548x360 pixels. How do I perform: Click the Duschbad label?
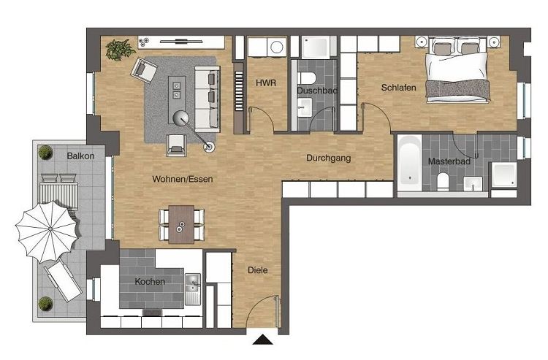pyautogui.click(x=316, y=91)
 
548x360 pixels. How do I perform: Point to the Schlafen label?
pyautogui.click(x=398, y=88)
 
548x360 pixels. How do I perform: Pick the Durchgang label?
pyautogui.click(x=329, y=157)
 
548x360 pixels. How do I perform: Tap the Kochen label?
pyautogui.click(x=149, y=281)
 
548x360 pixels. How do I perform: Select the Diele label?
pyautogui.click(x=257, y=270)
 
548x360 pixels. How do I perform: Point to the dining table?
pyautogui.click(x=181, y=223)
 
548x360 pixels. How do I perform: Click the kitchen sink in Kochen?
pyautogui.click(x=194, y=283)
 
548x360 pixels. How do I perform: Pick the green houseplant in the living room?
pyautogui.click(x=118, y=49)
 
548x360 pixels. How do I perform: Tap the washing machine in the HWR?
pyautogui.click(x=276, y=47)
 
